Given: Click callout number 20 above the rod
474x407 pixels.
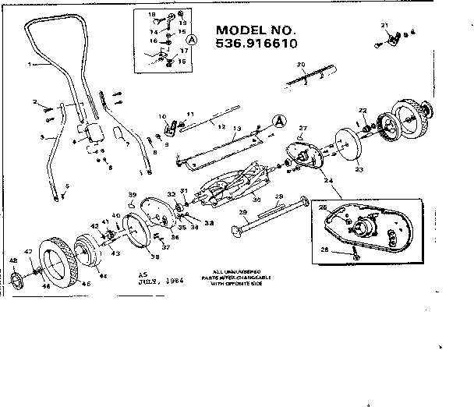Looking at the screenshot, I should pos(300,64).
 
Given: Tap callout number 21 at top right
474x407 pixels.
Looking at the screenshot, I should pos(384,26).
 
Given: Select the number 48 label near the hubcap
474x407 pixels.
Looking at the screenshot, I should pos(12,260).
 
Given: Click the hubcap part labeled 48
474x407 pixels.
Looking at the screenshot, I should pos(17,279).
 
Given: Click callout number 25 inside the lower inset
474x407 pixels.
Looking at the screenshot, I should pos(323,208).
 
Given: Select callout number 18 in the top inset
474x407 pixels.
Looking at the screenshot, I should pos(152,15).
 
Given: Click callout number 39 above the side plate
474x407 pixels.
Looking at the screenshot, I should pos(132,194).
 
